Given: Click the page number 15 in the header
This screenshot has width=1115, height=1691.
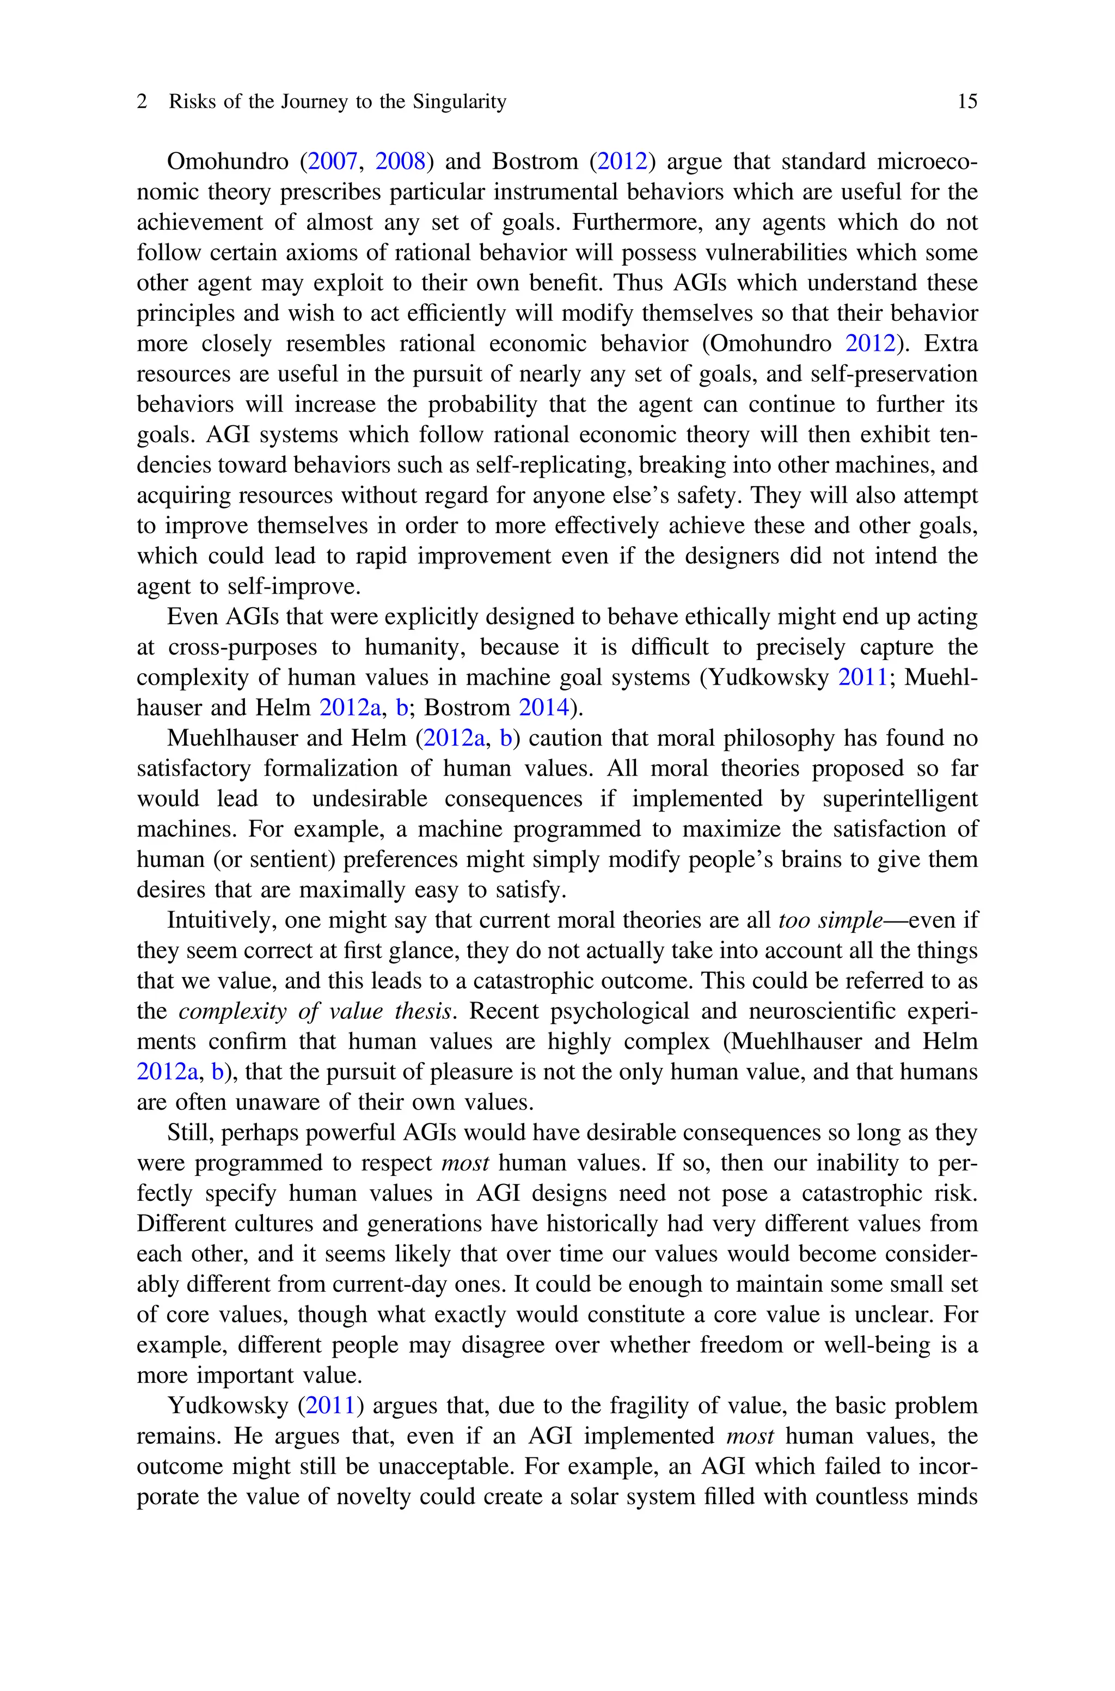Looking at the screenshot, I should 967,102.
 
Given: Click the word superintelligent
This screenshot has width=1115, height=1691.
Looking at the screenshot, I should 899,798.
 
